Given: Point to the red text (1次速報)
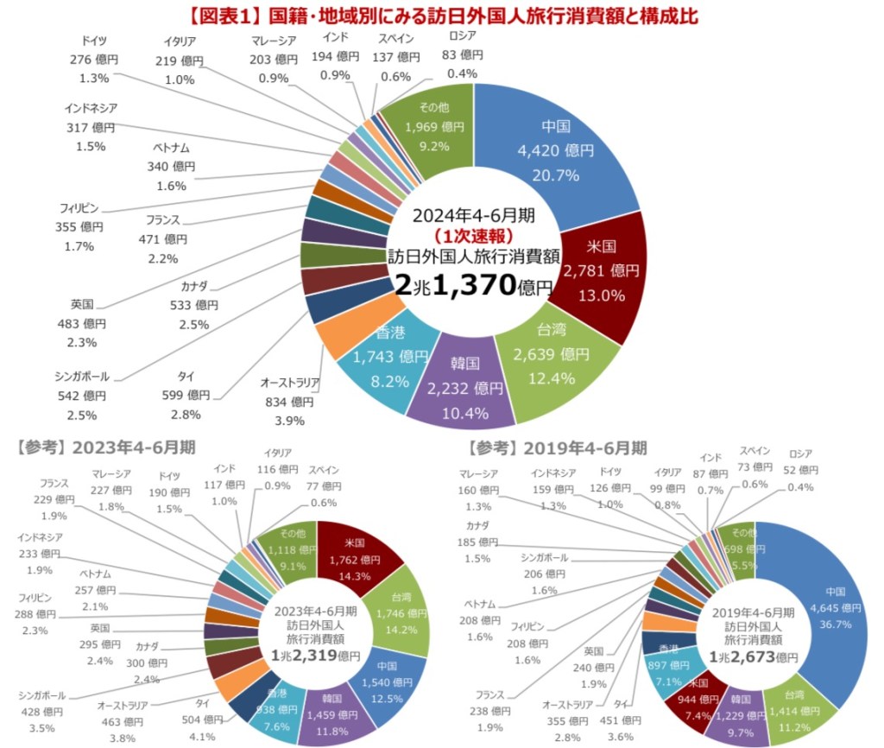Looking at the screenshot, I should click(473, 235).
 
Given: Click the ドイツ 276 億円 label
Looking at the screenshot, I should click(94, 59).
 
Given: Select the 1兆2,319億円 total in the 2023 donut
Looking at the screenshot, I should click(315, 656).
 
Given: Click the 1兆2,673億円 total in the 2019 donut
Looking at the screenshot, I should click(755, 657).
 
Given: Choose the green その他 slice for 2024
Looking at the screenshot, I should click(433, 130).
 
